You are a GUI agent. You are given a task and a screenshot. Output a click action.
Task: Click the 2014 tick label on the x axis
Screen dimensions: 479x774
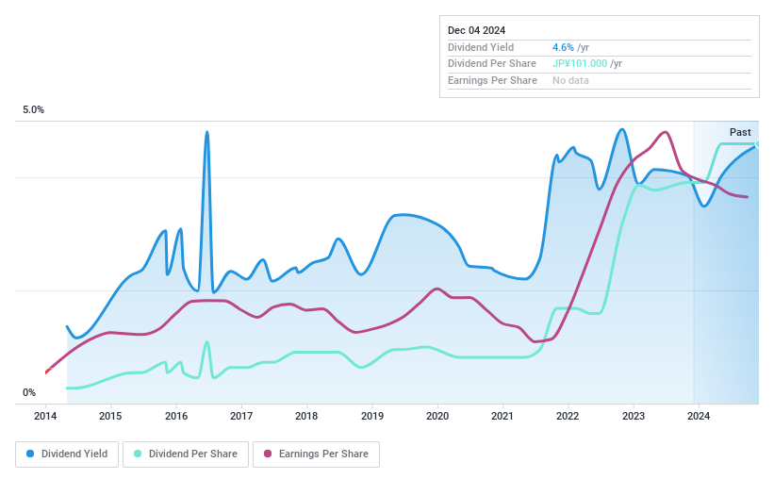click(x=45, y=416)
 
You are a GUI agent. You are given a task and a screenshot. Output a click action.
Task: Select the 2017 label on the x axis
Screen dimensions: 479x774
click(x=241, y=416)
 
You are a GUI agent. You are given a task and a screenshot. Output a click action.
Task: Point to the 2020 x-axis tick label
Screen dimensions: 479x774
click(x=436, y=416)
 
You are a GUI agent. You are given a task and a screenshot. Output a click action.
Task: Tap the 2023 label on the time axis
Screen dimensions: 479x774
click(x=633, y=416)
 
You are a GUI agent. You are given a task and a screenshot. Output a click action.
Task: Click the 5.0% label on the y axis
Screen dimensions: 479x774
click(x=33, y=110)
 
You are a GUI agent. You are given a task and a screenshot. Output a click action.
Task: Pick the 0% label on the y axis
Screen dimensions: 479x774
click(x=29, y=393)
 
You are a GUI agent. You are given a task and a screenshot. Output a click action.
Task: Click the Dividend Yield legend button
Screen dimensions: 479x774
click(x=67, y=454)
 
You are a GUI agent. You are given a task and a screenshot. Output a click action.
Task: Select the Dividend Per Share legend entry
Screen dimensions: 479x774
click(x=188, y=454)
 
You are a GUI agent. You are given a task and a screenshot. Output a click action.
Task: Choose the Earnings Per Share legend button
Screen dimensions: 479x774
click(x=316, y=454)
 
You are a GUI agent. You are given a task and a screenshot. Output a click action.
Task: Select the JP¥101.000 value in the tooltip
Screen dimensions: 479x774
click(x=580, y=64)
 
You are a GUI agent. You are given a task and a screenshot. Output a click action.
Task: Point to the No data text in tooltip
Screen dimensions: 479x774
click(x=571, y=81)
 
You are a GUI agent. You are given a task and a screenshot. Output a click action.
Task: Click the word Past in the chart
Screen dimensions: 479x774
click(x=740, y=132)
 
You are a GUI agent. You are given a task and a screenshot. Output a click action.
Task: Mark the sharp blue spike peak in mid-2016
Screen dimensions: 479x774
click(x=206, y=132)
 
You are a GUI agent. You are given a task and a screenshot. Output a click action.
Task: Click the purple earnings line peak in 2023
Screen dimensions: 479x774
click(x=665, y=132)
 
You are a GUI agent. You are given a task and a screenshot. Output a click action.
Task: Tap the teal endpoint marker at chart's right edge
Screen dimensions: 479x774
click(x=757, y=144)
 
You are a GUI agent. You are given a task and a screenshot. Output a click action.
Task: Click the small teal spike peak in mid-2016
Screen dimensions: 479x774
click(x=206, y=341)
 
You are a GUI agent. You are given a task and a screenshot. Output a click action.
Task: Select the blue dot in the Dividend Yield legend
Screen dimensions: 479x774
click(x=31, y=454)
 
